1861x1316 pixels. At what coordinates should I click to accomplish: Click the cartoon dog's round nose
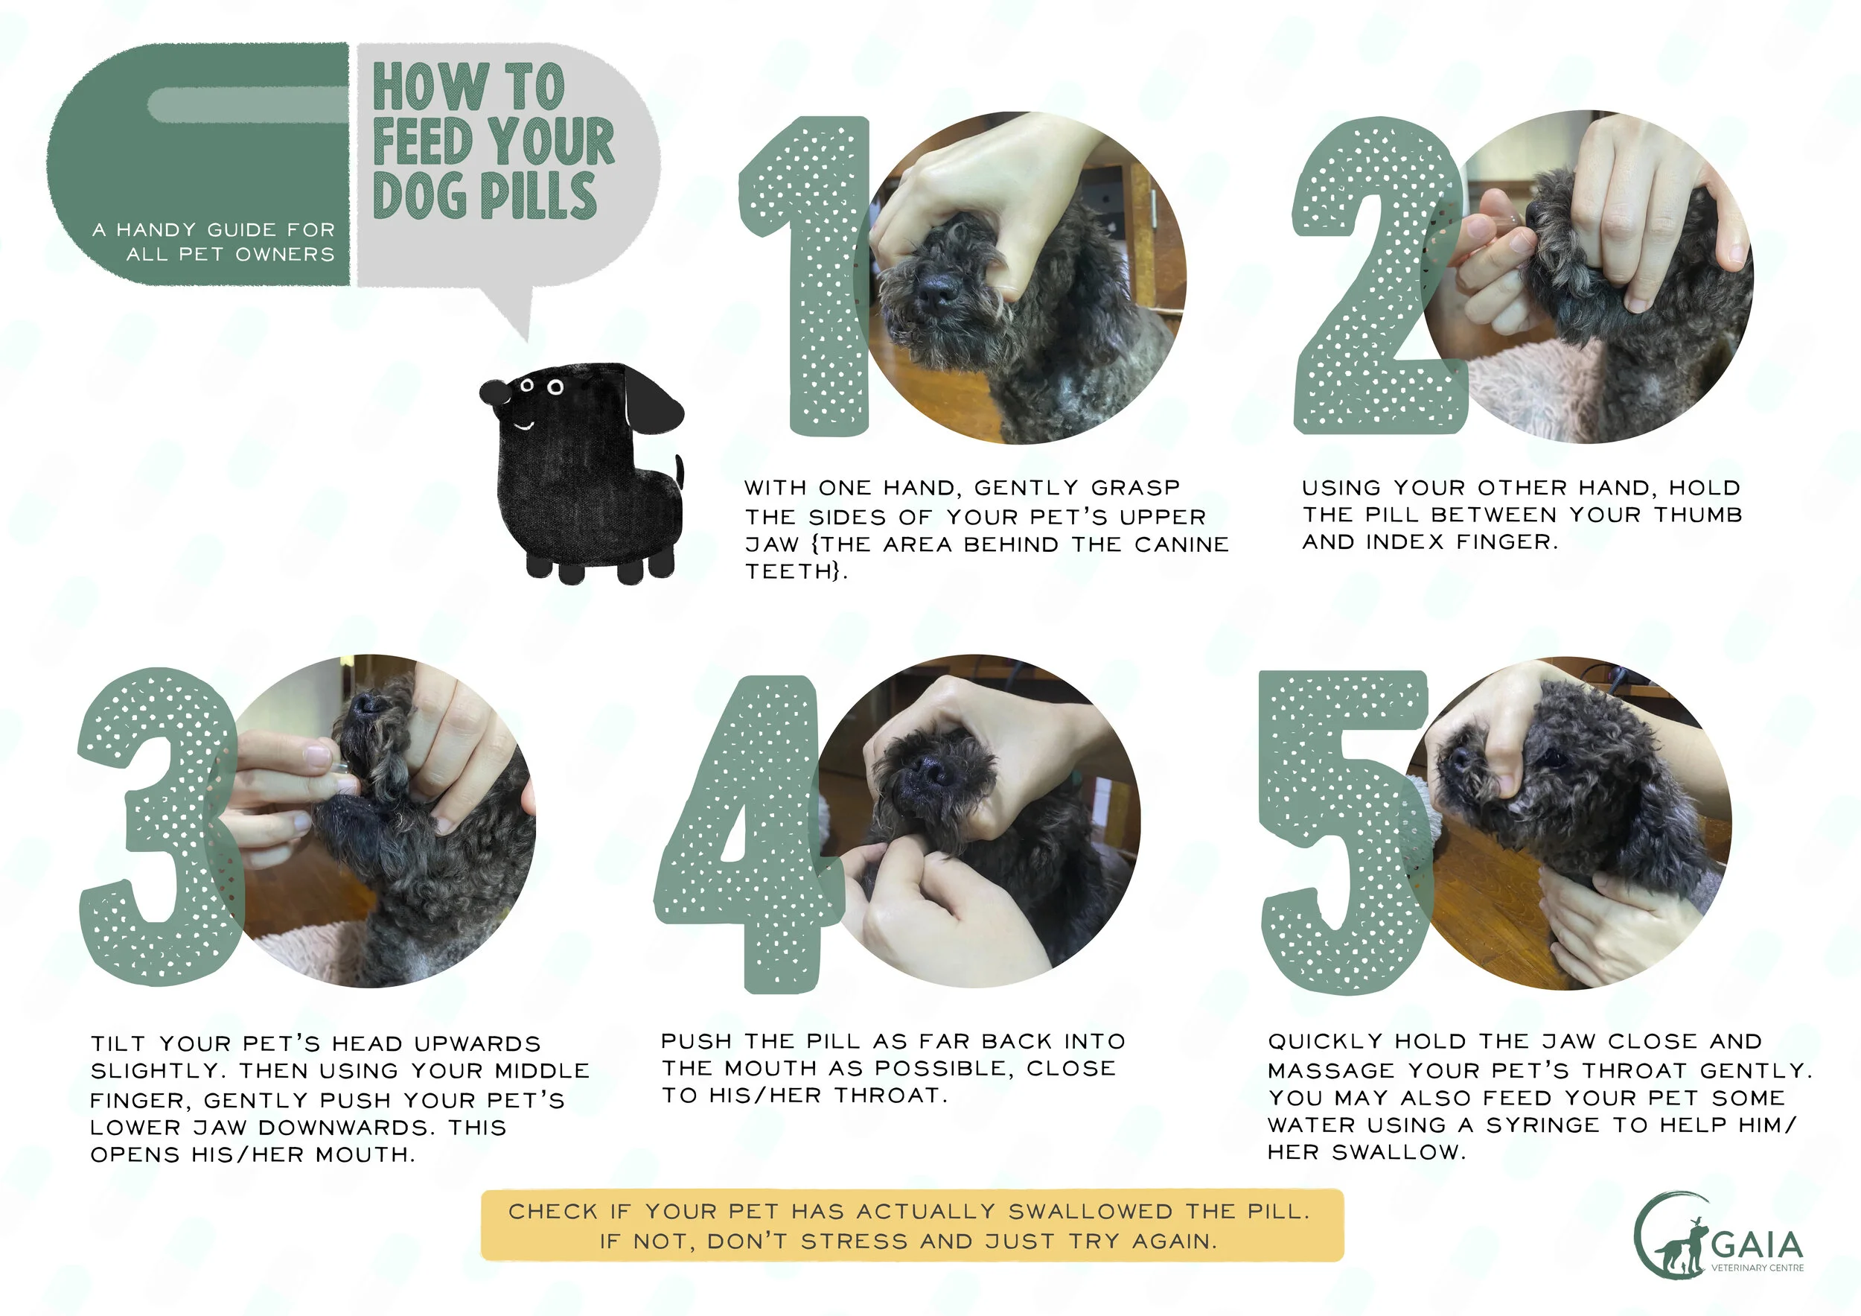pos(493,392)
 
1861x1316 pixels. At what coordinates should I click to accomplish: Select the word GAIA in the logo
pos(1757,1245)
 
